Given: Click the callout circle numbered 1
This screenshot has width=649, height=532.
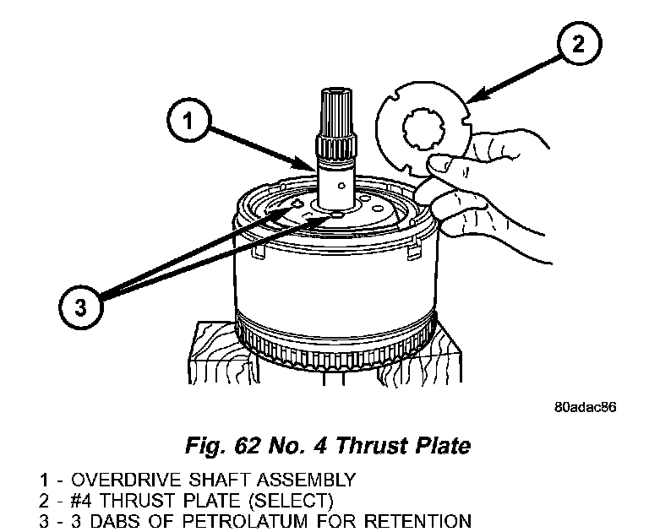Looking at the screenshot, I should (189, 122).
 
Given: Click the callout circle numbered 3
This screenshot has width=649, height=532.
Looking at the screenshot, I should (79, 305).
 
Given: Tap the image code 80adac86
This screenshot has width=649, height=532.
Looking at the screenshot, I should (586, 407).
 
